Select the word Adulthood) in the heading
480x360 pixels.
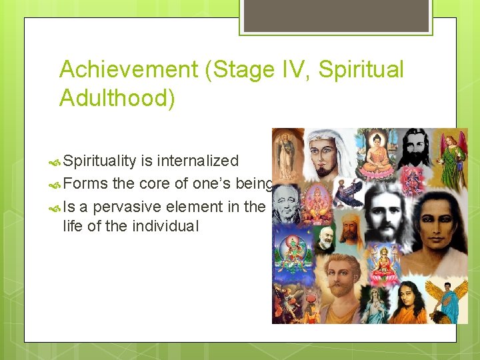[117, 97]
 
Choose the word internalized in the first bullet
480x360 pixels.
[199, 161]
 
